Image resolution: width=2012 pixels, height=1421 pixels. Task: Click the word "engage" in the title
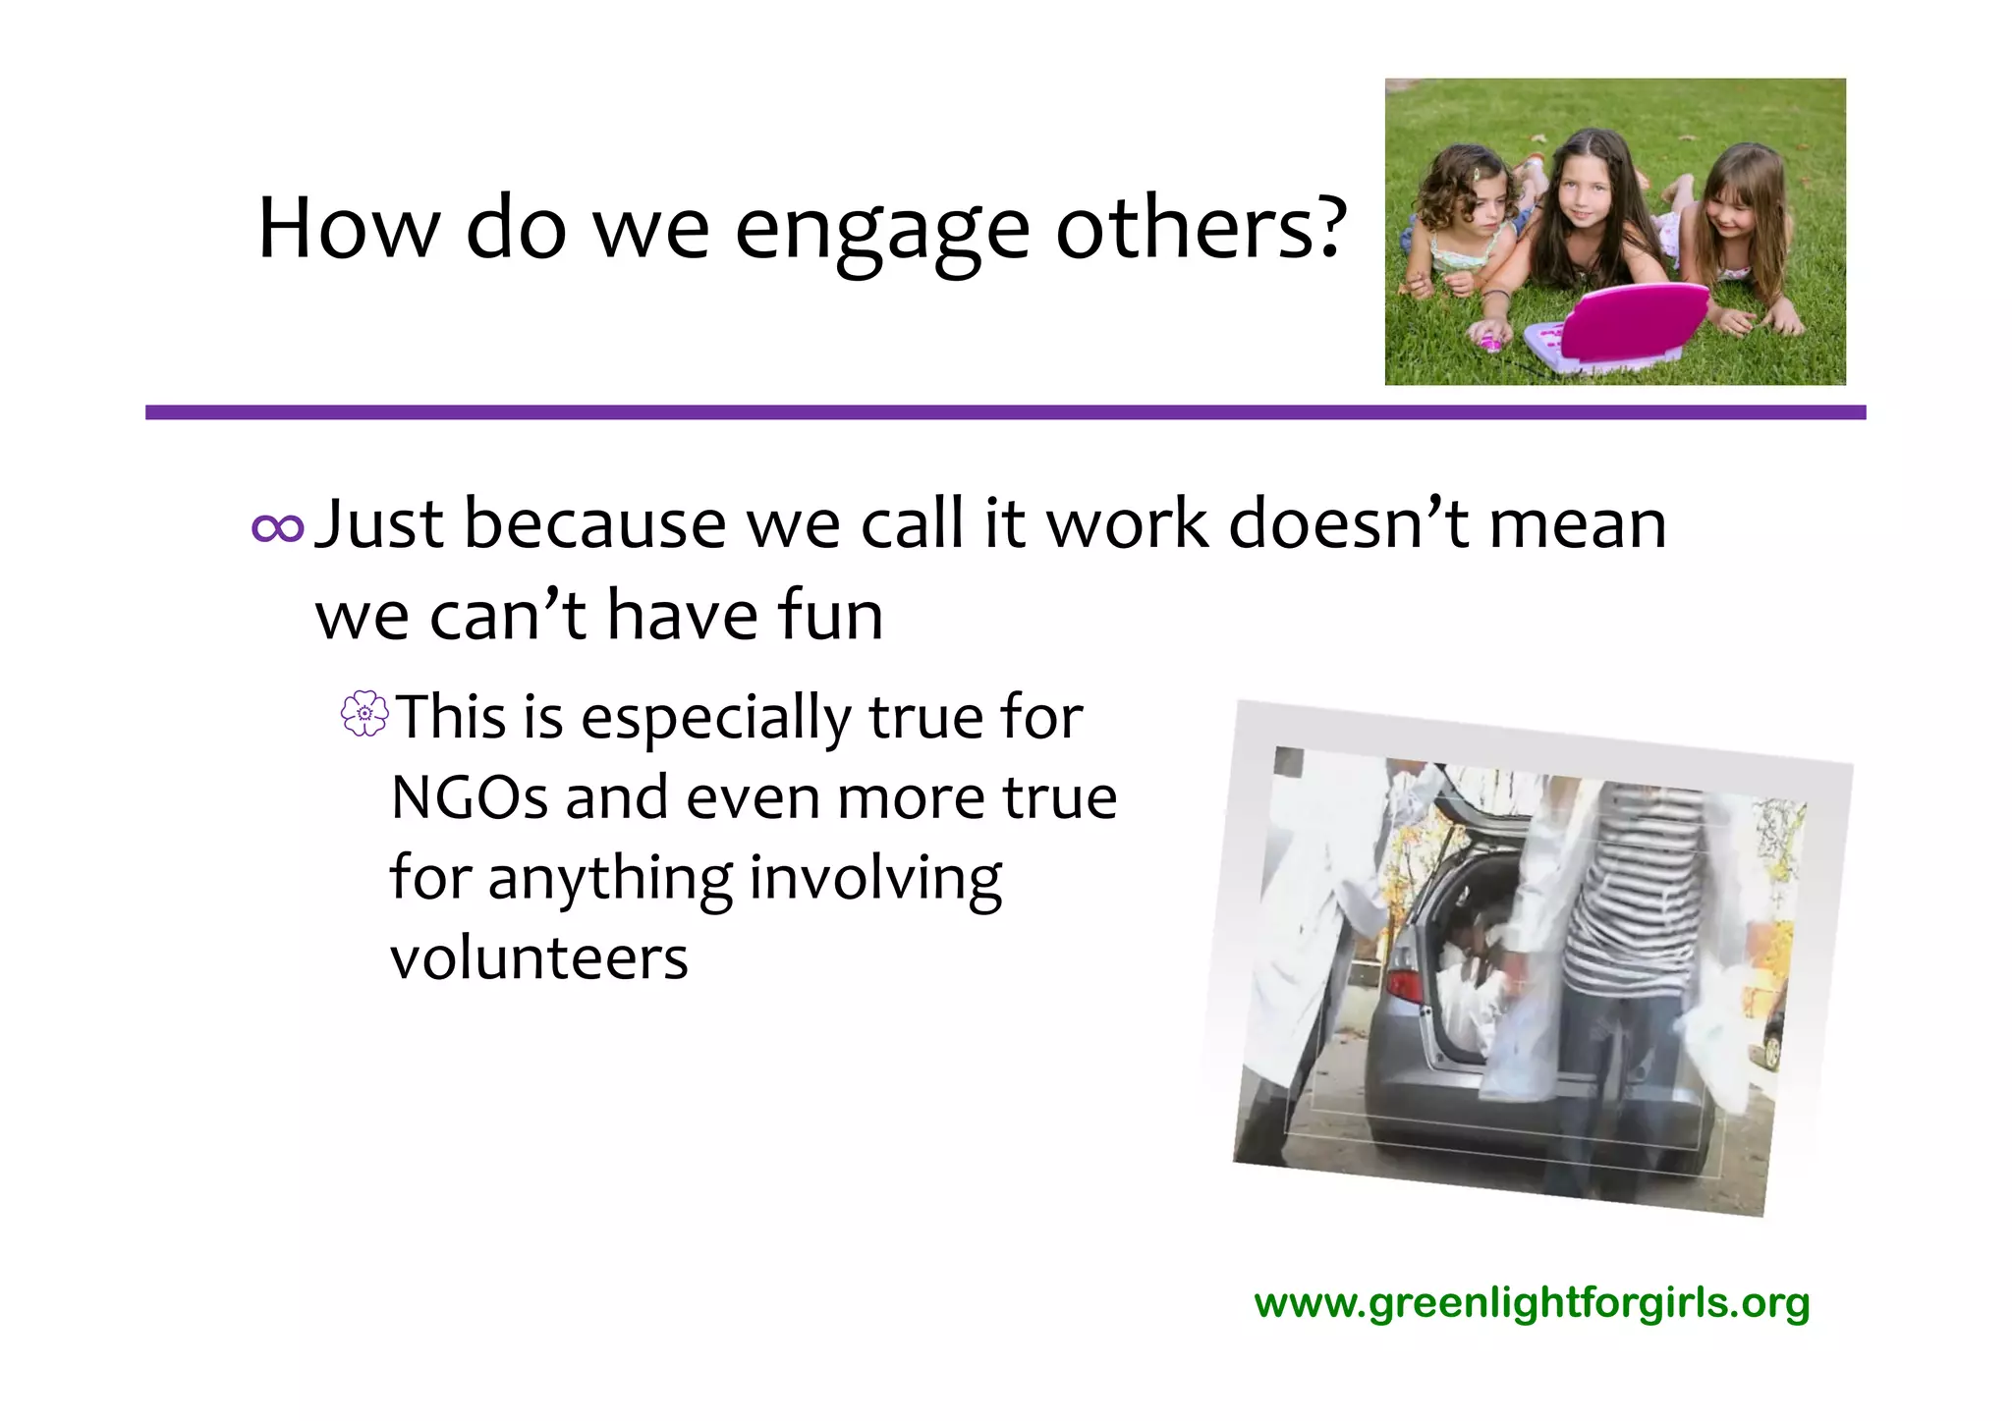(881, 232)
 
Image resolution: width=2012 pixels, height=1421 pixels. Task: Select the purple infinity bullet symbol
(277, 528)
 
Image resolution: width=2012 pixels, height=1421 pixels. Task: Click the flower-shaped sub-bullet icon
(364, 714)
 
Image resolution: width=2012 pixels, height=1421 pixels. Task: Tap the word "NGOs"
(469, 797)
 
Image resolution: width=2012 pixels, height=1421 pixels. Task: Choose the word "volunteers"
(539, 957)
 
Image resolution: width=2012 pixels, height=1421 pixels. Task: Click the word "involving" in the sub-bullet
(875, 877)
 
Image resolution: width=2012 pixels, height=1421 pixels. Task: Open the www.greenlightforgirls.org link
(1532, 1303)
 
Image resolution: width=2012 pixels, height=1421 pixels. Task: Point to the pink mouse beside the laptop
(1490, 342)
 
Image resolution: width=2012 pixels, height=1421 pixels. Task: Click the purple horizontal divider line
(1005, 412)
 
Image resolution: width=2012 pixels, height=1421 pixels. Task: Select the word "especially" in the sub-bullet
(716, 718)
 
